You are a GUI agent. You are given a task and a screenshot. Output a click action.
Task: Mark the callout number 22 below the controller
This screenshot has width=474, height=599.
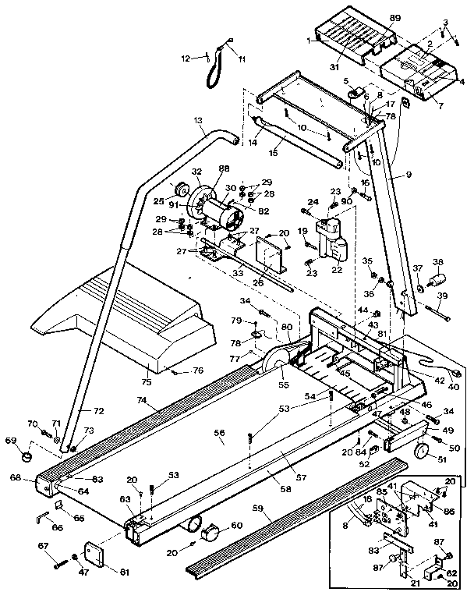click(338, 270)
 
